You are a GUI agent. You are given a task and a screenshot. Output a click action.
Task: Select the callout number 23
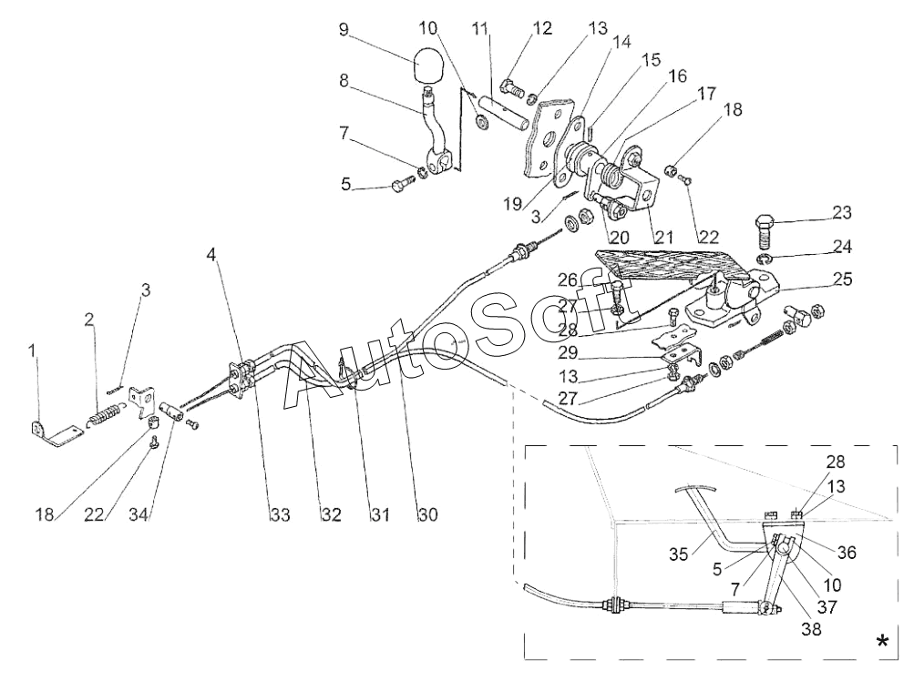842,213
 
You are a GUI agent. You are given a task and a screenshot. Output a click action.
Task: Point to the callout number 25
842,280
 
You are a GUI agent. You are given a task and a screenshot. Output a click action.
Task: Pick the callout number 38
811,629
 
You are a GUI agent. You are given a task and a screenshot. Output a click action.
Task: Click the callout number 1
33,351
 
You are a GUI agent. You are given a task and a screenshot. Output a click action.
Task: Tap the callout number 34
139,515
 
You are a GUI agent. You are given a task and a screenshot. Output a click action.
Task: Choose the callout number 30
427,515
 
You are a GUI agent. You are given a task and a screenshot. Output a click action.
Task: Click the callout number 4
211,255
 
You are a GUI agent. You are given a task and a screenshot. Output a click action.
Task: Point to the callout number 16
677,76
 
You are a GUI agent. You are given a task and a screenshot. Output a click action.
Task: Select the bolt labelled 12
514,88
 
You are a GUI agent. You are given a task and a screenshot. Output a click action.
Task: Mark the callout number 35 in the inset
679,554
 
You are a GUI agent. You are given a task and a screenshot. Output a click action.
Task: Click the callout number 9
343,29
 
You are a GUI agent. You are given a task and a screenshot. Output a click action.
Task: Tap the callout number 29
568,353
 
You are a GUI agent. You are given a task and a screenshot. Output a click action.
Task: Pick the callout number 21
663,237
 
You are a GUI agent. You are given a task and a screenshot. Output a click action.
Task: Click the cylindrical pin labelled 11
504,115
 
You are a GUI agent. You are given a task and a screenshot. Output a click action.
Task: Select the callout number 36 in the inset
847,553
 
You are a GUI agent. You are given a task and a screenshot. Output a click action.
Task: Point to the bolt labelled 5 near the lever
403,185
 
